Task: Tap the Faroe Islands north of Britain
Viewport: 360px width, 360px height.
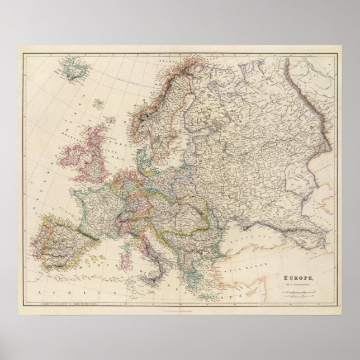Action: click(x=99, y=103)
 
